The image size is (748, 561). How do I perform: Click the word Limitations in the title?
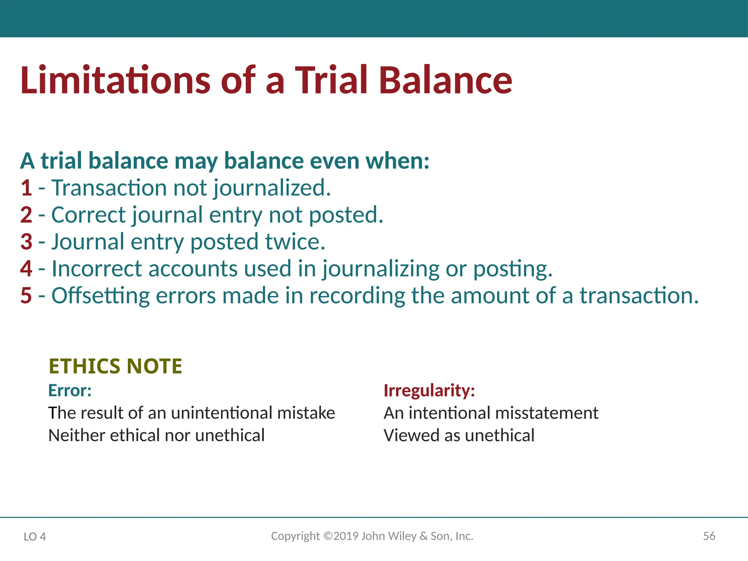(115, 80)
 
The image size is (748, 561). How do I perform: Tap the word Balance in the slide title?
(446, 80)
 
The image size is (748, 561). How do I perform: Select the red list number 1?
(26, 188)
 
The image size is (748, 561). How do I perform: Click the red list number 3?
(26, 242)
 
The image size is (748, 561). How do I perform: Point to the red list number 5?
(26, 295)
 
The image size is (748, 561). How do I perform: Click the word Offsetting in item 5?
(100, 296)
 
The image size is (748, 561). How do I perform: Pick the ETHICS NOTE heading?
(115, 366)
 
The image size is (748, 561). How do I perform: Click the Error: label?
(70, 390)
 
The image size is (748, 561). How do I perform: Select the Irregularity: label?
(429, 390)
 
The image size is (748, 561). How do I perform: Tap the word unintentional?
(221, 413)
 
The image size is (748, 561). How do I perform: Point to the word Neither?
(76, 435)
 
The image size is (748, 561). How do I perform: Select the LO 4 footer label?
(35, 537)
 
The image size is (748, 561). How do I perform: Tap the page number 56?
(709, 536)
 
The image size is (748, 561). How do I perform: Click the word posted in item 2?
(346, 215)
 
